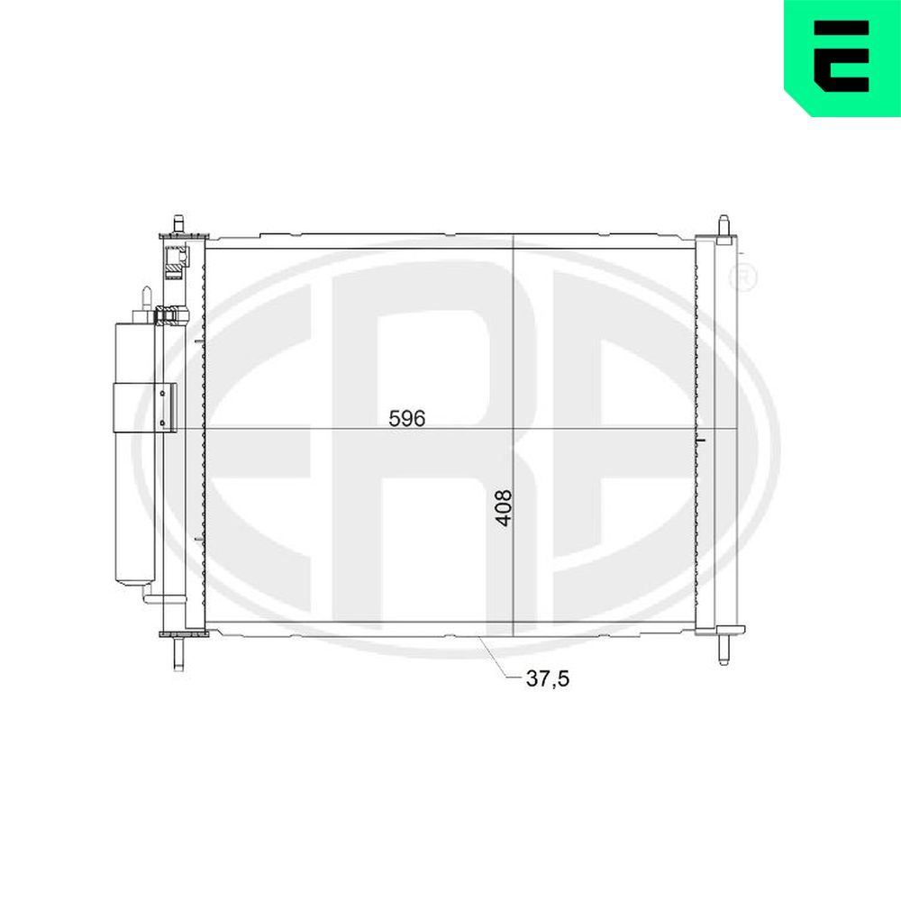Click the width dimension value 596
405,418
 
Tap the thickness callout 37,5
548,679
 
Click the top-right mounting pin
723,225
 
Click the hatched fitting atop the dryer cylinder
168,315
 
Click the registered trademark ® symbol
745,278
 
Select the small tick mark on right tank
701,439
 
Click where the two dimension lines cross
513,429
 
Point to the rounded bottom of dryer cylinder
134,577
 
